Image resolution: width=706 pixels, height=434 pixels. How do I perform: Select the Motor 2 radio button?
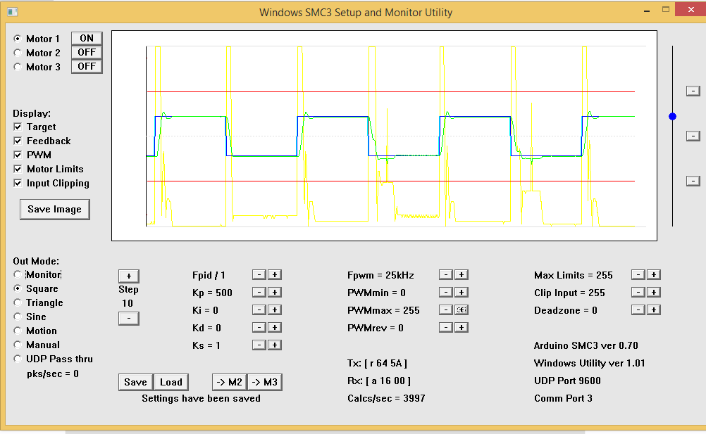tap(17, 53)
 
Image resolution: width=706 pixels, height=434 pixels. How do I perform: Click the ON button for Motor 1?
tap(87, 38)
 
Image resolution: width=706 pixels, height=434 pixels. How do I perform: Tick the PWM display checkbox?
tap(18, 155)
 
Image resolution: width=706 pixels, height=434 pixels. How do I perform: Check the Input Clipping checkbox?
tap(18, 183)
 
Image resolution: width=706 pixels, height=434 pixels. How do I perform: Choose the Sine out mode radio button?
tap(17, 317)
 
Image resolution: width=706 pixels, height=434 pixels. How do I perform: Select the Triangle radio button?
tap(17, 302)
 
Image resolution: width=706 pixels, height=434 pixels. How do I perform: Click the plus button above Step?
tap(128, 276)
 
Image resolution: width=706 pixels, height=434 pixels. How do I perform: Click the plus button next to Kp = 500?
tap(275, 292)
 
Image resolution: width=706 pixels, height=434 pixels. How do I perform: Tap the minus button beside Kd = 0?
tap(259, 327)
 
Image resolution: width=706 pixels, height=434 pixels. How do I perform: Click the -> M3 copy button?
tap(265, 382)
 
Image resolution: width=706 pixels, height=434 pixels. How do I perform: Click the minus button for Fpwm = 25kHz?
tap(445, 274)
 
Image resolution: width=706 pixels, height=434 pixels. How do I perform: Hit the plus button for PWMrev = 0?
tap(461, 327)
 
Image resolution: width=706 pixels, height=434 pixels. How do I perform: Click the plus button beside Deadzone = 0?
tap(653, 309)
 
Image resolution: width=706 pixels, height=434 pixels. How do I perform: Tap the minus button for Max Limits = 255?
tap(637, 274)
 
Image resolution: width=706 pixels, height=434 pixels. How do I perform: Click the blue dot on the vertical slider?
tap(672, 116)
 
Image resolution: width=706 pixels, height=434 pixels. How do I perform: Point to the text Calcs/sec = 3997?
tap(386, 398)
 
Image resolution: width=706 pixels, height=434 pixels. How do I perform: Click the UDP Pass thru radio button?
tap(17, 359)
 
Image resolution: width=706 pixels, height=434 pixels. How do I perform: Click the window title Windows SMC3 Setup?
tap(356, 12)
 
